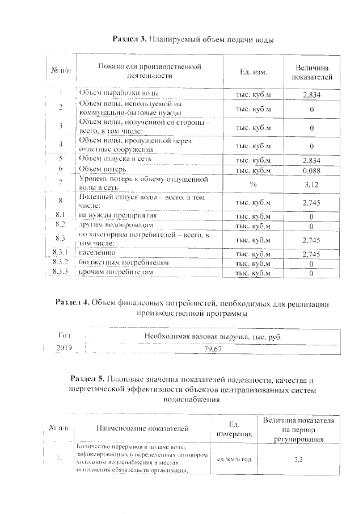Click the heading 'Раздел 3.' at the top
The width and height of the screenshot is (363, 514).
point(130,40)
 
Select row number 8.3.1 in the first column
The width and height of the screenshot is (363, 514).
point(61,253)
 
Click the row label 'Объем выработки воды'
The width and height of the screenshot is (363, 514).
point(119,93)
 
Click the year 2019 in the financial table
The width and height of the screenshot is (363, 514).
point(64,348)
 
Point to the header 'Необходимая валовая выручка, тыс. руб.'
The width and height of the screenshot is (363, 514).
point(212,336)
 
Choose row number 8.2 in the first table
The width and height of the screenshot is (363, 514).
point(61,225)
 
